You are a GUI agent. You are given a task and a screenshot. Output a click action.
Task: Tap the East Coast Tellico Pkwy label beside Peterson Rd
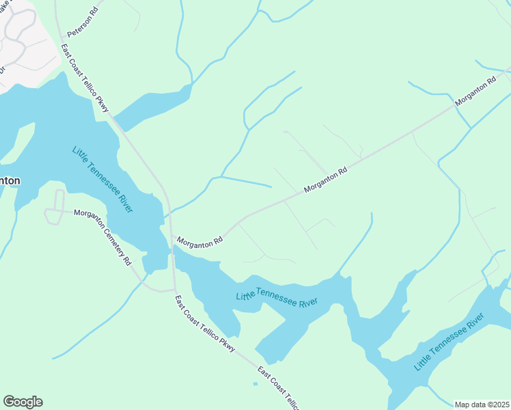click(85, 78)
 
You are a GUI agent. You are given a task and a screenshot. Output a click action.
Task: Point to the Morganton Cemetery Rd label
click(102, 237)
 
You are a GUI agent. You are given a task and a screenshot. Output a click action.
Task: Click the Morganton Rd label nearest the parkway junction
click(199, 242)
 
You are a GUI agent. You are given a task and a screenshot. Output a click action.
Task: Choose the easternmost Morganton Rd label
click(475, 91)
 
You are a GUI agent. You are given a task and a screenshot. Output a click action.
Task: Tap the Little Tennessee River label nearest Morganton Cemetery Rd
click(102, 180)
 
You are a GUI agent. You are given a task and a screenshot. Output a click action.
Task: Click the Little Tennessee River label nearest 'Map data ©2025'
click(448, 342)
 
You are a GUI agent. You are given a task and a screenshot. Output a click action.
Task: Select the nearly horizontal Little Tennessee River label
click(277, 298)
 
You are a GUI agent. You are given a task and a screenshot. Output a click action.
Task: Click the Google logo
click(23, 402)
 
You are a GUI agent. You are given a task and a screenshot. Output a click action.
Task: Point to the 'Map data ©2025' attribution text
click(482, 405)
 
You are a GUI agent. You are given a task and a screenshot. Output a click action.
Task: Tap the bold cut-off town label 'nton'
click(10, 181)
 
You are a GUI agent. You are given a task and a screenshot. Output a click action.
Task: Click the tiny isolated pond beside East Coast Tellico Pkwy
click(255, 383)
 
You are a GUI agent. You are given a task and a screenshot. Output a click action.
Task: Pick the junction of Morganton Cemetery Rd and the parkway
click(174, 289)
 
